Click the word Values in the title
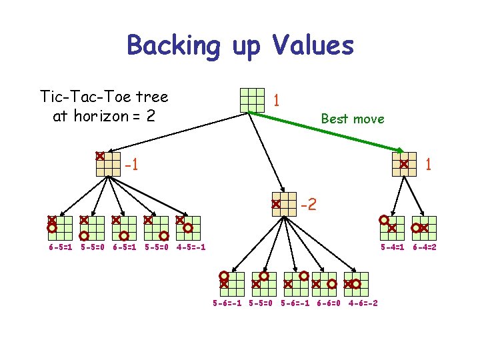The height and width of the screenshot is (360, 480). tap(313, 46)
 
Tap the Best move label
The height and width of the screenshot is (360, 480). tap(352, 119)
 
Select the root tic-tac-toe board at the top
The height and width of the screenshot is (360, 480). tap(253, 99)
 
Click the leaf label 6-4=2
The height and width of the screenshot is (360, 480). tap(424, 247)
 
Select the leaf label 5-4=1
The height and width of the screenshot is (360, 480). tap(392, 247)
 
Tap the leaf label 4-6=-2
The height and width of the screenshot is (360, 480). tap(363, 303)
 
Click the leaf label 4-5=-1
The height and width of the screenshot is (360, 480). tap(191, 247)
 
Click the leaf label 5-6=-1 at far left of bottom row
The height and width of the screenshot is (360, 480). tap(227, 303)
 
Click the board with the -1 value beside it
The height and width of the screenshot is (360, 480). tap(108, 164)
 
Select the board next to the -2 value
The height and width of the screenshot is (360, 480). tap(284, 204)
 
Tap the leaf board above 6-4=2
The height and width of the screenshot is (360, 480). tap(424, 227)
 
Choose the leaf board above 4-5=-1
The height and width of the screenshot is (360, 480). tap(189, 227)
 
